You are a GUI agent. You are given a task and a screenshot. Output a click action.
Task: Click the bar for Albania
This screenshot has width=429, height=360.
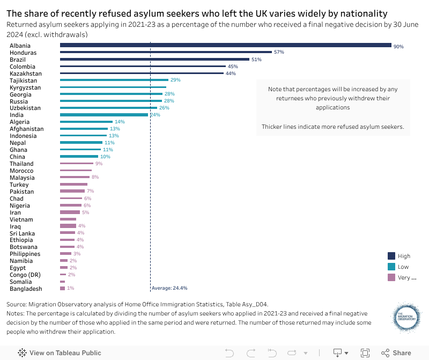pyautogui.click(x=225, y=46)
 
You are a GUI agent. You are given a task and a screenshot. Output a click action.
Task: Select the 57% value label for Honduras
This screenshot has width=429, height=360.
pyautogui.click(x=278, y=53)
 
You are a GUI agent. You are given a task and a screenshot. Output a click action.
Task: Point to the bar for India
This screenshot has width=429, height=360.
pyautogui.click(x=104, y=115)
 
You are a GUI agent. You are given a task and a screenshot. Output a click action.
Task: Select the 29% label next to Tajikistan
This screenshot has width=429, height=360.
pyautogui.click(x=175, y=80)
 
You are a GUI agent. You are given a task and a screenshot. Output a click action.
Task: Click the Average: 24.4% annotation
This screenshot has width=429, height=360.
pyautogui.click(x=169, y=288)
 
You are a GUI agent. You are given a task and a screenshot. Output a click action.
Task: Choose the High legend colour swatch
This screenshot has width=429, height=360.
pyautogui.click(x=391, y=256)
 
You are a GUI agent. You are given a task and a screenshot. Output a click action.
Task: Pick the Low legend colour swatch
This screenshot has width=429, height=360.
pyautogui.click(x=391, y=267)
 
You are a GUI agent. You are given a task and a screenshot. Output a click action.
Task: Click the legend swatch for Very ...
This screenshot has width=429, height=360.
pyautogui.click(x=391, y=277)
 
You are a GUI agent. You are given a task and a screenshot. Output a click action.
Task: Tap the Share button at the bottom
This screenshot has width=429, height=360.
pyautogui.click(x=396, y=353)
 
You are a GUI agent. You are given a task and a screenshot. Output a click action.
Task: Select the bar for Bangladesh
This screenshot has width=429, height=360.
pyautogui.click(x=62, y=289)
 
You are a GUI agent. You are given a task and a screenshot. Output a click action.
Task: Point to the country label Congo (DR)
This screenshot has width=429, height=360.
pyautogui.click(x=25, y=275)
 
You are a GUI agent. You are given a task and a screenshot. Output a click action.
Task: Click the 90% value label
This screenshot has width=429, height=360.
pyautogui.click(x=398, y=47)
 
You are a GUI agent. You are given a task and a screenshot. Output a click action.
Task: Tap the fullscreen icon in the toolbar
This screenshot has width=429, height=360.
pyautogui.click(x=365, y=353)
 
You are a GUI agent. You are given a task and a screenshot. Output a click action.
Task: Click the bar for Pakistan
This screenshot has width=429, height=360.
pyautogui.click(x=72, y=191)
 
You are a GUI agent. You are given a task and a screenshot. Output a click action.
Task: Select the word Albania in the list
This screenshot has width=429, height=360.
pyautogui.click(x=20, y=46)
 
